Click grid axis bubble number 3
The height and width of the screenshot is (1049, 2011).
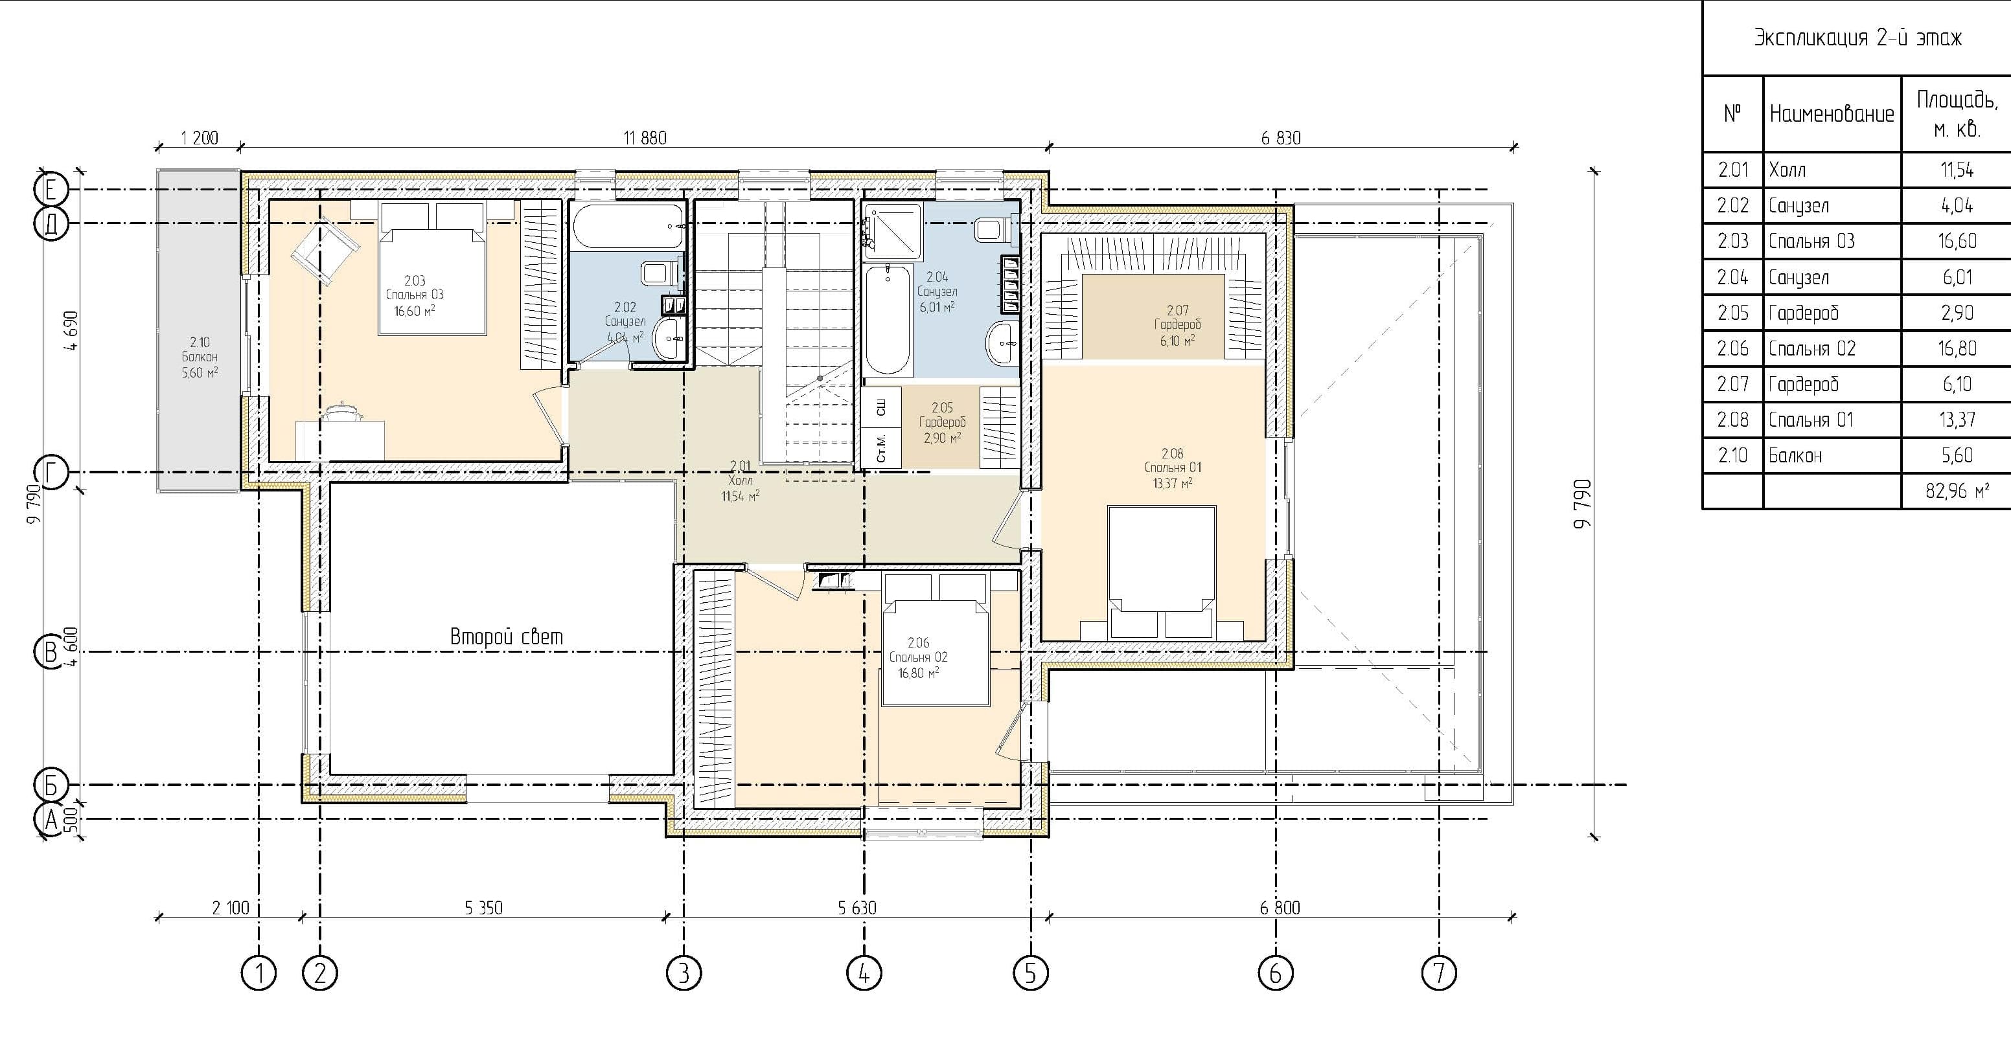pos(684,973)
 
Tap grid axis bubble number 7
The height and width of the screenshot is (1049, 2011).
pos(1440,973)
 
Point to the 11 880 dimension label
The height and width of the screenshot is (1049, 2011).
pos(645,138)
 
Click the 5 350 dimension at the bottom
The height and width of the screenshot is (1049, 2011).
pos(483,908)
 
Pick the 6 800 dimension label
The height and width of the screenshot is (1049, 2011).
pos(1280,908)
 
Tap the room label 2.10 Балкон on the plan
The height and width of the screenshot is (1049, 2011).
pos(200,357)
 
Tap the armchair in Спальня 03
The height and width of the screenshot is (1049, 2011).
pos(325,250)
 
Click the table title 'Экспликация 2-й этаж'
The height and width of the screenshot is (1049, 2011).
pos(1857,38)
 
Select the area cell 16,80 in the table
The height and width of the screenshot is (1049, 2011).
pos(1957,348)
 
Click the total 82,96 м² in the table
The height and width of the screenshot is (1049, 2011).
pos(1957,491)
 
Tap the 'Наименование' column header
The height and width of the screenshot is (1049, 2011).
pos(1832,115)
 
